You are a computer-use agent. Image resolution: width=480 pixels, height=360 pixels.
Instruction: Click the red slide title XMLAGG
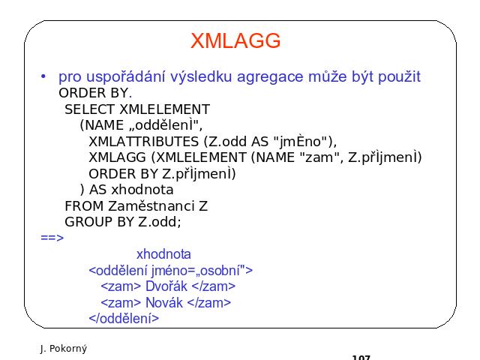coord(235,40)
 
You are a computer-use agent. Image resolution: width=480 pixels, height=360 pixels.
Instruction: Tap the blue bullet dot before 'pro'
coord(43,76)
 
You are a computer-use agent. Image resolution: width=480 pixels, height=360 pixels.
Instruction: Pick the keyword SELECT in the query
coord(89,109)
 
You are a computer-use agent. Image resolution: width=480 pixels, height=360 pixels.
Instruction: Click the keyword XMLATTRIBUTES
coord(143,142)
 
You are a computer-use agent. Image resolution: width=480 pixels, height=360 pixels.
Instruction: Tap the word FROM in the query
coord(84,205)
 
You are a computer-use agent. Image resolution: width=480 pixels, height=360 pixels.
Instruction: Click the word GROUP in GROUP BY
coord(88,222)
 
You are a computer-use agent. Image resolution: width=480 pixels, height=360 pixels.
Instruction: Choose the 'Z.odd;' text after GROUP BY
coord(160,222)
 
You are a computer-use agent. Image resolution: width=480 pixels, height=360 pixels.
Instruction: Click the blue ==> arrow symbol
coord(52,238)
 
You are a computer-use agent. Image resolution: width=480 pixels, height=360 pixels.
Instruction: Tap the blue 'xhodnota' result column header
coord(163,254)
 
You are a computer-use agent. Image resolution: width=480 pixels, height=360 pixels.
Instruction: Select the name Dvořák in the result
coord(166,286)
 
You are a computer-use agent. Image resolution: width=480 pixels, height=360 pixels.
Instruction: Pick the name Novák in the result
coord(164,302)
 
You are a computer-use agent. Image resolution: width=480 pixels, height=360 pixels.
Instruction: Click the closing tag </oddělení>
coord(124,319)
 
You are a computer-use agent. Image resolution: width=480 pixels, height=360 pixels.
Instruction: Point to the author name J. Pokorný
coord(64,348)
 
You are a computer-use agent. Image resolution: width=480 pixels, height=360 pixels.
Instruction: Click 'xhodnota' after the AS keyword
coord(142,190)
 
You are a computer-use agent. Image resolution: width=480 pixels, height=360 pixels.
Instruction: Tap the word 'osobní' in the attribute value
coord(218,270)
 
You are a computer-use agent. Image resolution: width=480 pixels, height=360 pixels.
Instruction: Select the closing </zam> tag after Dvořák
coord(213,286)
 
